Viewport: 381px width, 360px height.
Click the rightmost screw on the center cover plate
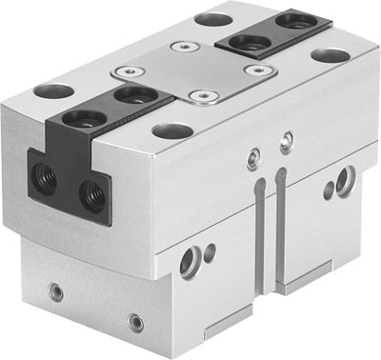pos(254,70)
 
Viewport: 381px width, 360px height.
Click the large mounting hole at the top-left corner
pos(53,92)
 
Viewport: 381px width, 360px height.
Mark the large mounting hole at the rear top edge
pos(208,18)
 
